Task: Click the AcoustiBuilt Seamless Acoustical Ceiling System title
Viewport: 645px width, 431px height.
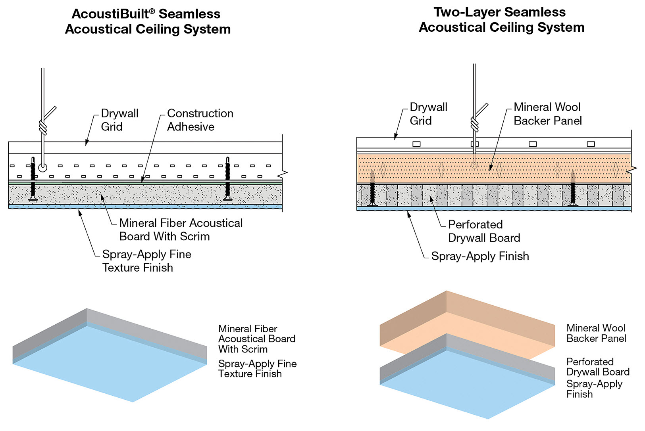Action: [147, 21]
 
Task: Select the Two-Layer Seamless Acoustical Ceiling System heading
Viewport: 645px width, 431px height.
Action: [501, 19]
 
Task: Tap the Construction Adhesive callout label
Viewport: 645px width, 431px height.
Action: [200, 120]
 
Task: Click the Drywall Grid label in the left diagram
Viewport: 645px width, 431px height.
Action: [119, 120]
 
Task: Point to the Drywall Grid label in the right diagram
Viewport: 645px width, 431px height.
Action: [428, 114]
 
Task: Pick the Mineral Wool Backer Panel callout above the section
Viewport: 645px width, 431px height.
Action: [547, 114]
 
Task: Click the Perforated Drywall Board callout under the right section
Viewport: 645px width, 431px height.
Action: [484, 231]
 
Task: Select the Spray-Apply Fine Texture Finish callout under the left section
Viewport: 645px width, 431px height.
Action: [146, 261]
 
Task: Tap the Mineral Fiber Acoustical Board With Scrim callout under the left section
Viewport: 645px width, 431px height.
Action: [181, 230]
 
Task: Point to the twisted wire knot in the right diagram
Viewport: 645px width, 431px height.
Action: [474, 124]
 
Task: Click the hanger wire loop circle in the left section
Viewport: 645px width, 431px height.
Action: [42, 167]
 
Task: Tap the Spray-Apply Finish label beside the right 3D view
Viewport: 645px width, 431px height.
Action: [594, 389]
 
